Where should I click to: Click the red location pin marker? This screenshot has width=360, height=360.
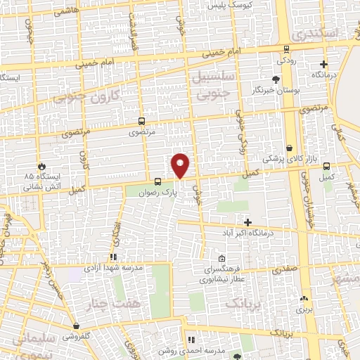[x=181, y=166]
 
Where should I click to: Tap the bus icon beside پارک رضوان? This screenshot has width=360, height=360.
[x=157, y=181]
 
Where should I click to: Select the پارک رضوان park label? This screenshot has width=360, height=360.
[x=155, y=191]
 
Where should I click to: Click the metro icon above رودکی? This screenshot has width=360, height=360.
[x=286, y=49]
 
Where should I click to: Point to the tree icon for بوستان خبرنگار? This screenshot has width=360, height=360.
[x=276, y=80]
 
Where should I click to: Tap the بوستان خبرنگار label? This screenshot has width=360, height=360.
[x=271, y=91]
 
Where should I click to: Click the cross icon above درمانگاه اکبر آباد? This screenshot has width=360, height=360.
[x=247, y=222]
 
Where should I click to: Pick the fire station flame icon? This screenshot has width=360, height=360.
[x=41, y=163]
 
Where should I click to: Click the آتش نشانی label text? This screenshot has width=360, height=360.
[x=44, y=188]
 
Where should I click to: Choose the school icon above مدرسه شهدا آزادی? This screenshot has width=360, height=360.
[x=113, y=257]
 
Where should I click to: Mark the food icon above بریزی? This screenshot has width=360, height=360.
[x=304, y=297]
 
